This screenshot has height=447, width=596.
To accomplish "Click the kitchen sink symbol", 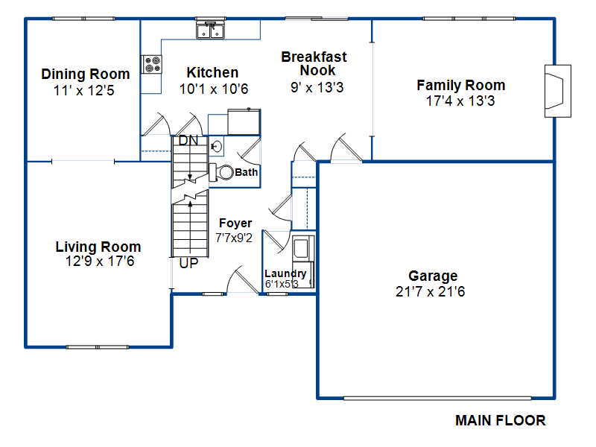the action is coord(210,30).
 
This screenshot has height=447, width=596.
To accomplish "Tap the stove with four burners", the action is coord(152,64).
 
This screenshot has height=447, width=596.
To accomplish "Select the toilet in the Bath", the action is coord(221,173).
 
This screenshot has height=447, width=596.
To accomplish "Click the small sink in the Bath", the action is coord(216,146).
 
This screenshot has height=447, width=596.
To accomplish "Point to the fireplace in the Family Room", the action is coord(557,91).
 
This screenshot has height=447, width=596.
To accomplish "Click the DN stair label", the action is coord(188,141).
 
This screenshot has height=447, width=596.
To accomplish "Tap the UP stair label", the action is coord(188,263).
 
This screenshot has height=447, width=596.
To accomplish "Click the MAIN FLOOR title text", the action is coord(500,420).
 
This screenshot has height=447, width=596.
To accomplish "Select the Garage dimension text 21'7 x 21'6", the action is coord(431,291).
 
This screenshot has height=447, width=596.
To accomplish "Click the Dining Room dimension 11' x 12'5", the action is coord(83,90).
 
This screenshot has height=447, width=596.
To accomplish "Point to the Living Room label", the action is coord(98,247).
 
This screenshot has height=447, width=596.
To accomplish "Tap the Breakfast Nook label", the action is coord(314,63).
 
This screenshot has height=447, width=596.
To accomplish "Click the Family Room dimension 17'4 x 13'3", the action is coord(460,101).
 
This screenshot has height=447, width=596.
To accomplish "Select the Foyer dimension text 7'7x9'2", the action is coord(234,238).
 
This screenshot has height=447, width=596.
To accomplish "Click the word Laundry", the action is coord(285,273).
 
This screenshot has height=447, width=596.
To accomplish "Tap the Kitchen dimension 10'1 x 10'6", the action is coord(214,89).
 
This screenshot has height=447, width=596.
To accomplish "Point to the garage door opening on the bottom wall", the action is coord(437,399).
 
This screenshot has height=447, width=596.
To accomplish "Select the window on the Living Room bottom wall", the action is coord(98,347).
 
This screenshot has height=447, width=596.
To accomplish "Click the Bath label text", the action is coord(247,173).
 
